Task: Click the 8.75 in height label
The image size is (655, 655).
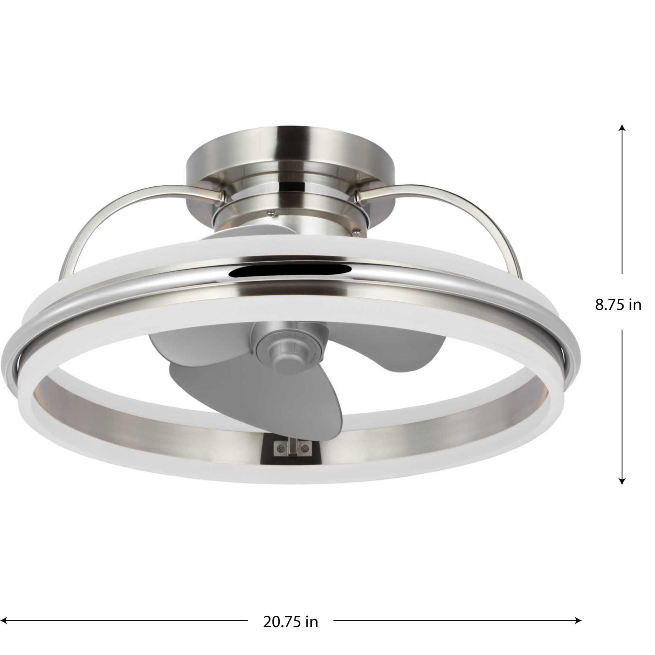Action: pyautogui.click(x=618, y=305)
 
